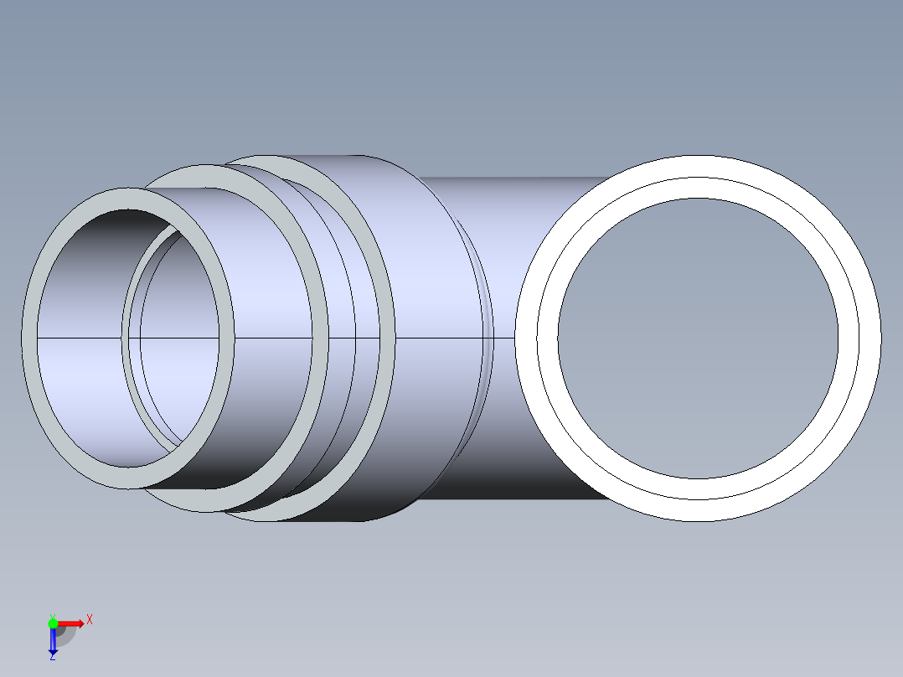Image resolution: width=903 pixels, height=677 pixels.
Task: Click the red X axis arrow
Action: pos(70,623)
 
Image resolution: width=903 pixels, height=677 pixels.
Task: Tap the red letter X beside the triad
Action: pos(89,620)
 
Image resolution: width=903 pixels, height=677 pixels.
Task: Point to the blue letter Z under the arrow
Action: pos(52,656)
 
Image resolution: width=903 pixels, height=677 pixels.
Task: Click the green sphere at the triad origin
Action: pos(53,623)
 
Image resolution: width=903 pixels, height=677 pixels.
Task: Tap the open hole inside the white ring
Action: pos(698,338)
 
